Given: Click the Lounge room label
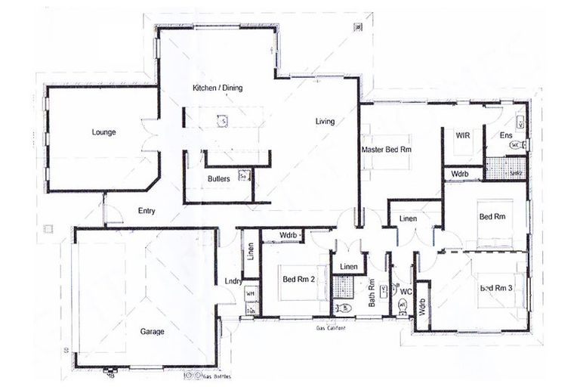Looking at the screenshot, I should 103,132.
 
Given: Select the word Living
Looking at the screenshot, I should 325,121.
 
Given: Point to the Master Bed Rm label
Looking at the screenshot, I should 386,149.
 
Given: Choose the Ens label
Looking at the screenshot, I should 506,135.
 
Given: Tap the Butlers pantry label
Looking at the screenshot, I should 219,179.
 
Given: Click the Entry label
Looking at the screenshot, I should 147,212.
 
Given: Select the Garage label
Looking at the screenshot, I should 152,331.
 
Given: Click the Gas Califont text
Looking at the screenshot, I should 331,328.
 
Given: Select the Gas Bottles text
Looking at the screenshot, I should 216,376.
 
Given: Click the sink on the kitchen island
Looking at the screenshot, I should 223,119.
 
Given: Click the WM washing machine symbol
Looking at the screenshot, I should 250,294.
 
